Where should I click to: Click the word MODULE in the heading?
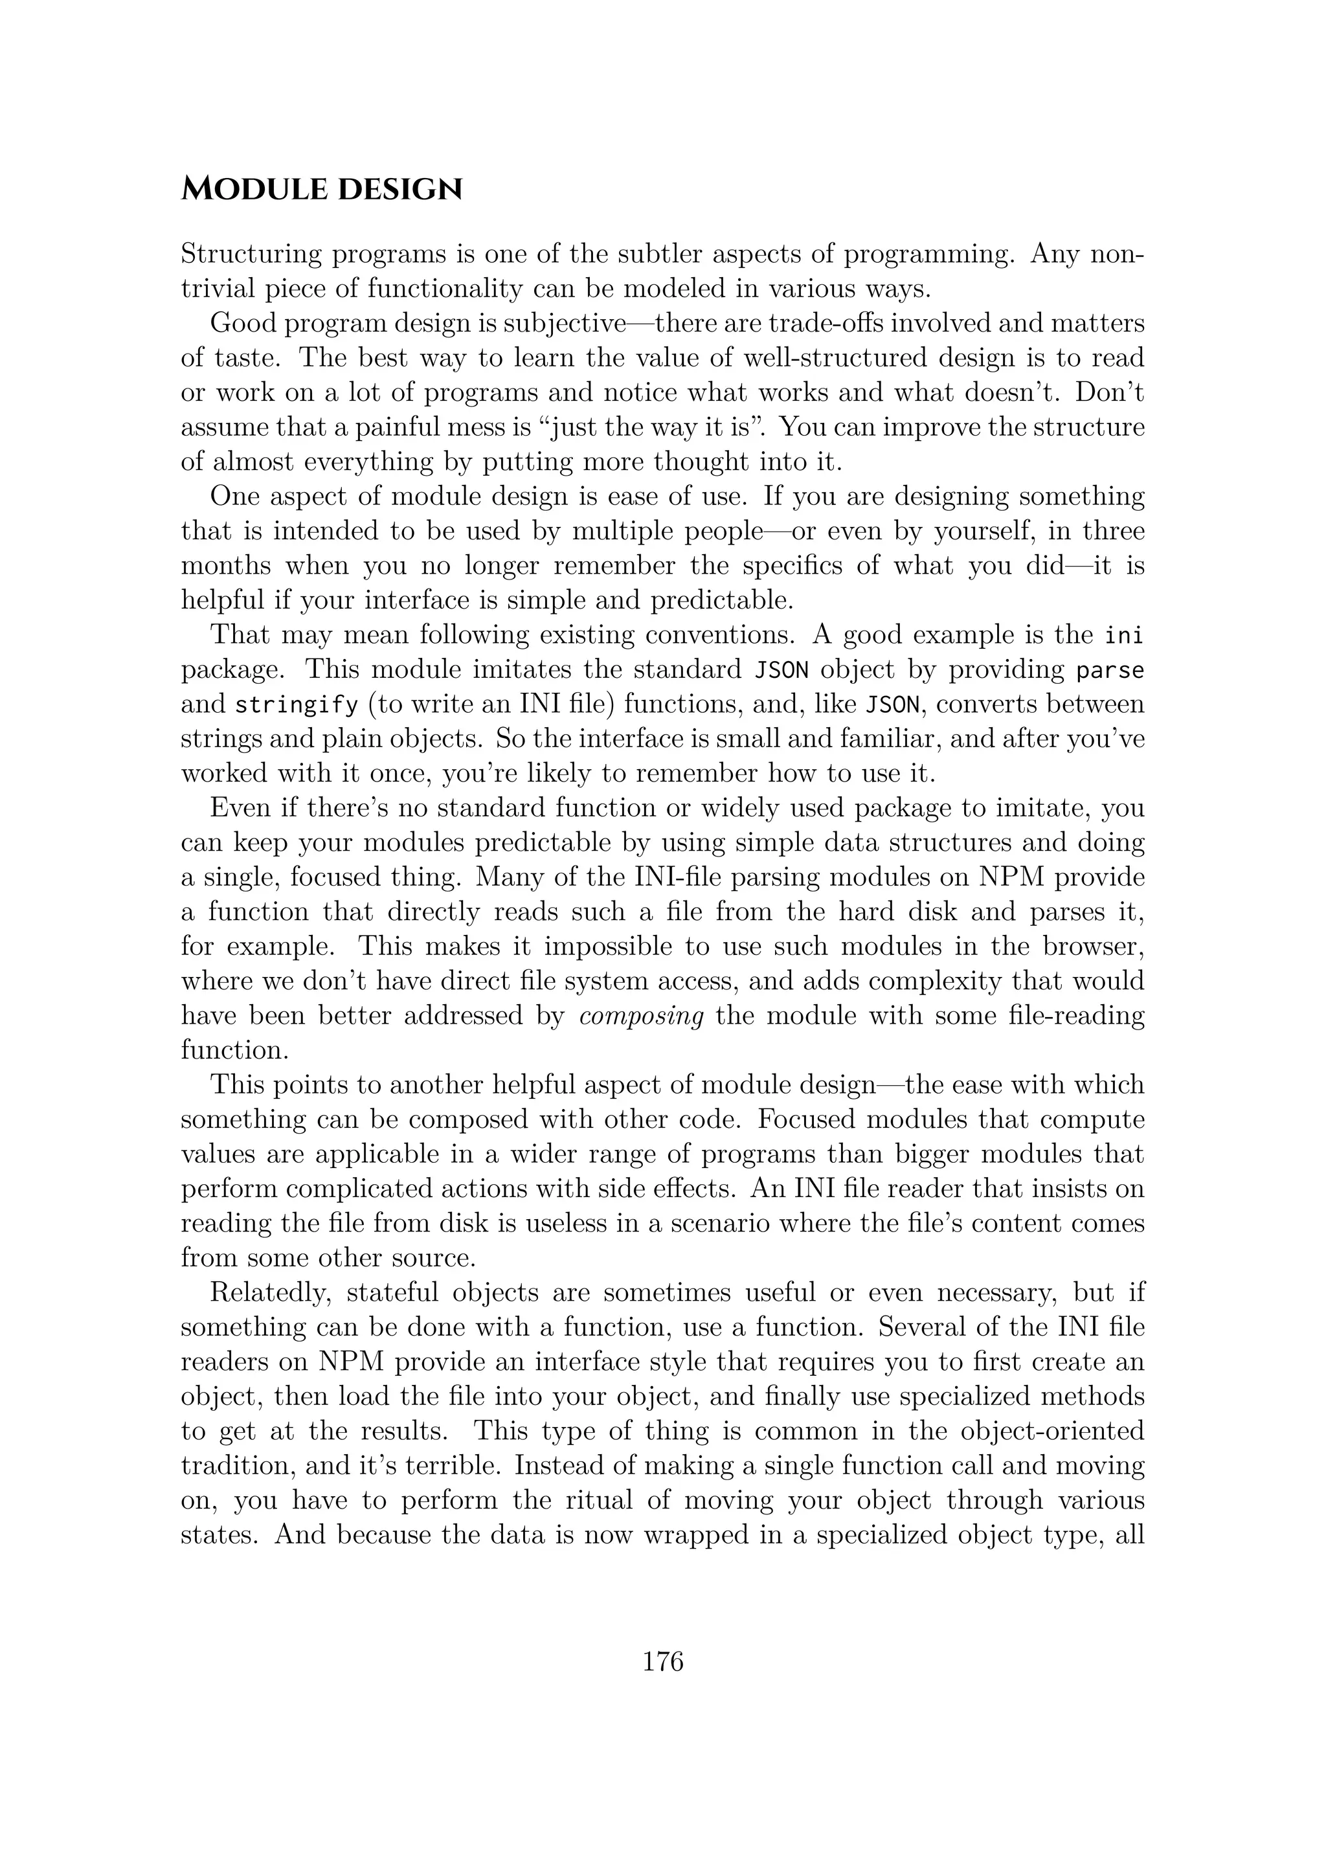click(251, 190)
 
